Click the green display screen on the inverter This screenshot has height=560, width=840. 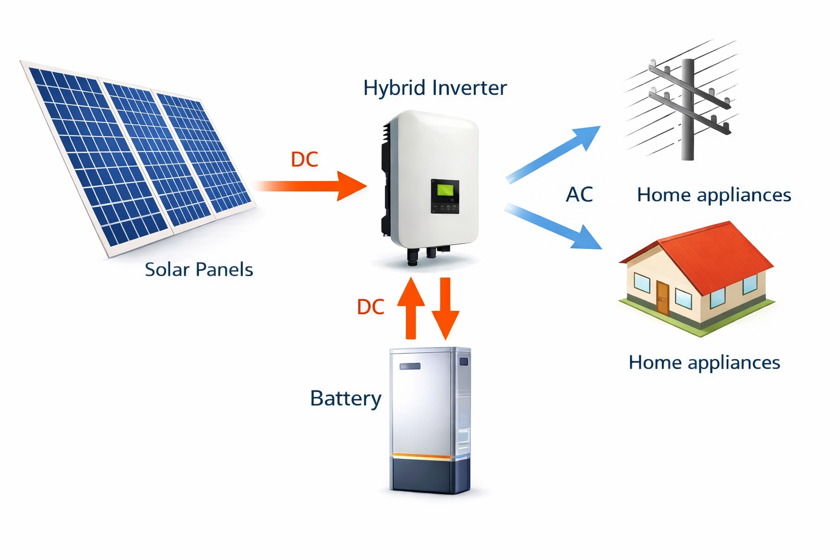(444, 190)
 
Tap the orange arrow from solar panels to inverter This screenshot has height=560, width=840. (317, 186)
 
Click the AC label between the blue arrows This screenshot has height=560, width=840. (579, 195)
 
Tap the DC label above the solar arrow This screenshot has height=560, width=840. (304, 160)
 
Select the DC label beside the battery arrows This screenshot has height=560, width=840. (370, 307)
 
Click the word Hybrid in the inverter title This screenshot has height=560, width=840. (394, 88)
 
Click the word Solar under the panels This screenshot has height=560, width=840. (167, 270)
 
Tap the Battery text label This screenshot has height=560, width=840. (345, 399)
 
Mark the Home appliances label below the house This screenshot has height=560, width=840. (704, 363)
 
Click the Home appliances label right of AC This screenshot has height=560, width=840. (714, 195)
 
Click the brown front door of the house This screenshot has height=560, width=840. (662, 297)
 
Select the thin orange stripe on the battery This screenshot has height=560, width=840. (421, 456)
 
